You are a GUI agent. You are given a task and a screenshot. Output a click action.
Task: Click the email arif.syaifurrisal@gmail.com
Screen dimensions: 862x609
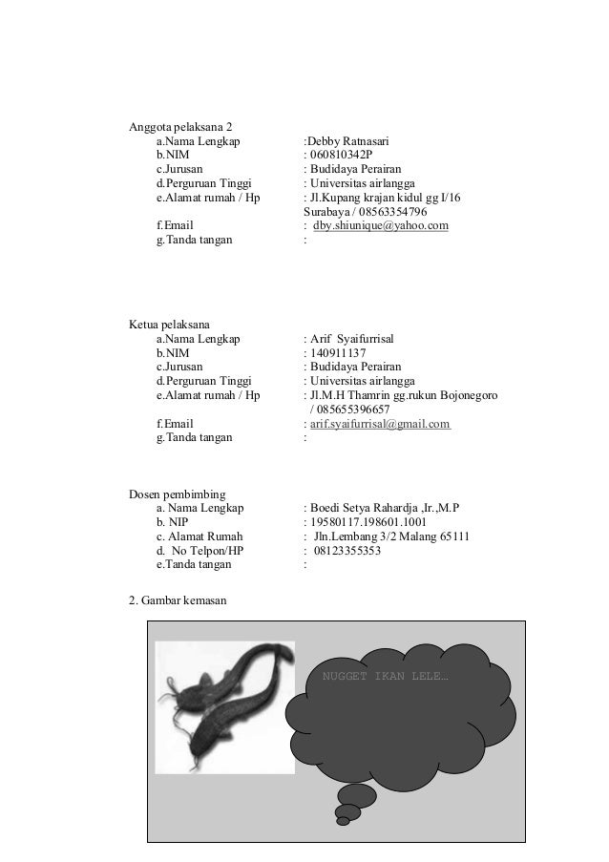tap(379, 424)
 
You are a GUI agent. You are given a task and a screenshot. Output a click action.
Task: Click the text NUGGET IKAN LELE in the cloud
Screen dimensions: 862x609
tap(386, 678)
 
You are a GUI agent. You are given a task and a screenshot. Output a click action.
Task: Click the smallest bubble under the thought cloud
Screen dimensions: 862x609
tap(343, 818)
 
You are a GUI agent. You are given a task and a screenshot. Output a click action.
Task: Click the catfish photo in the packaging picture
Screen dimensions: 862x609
tap(225, 707)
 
